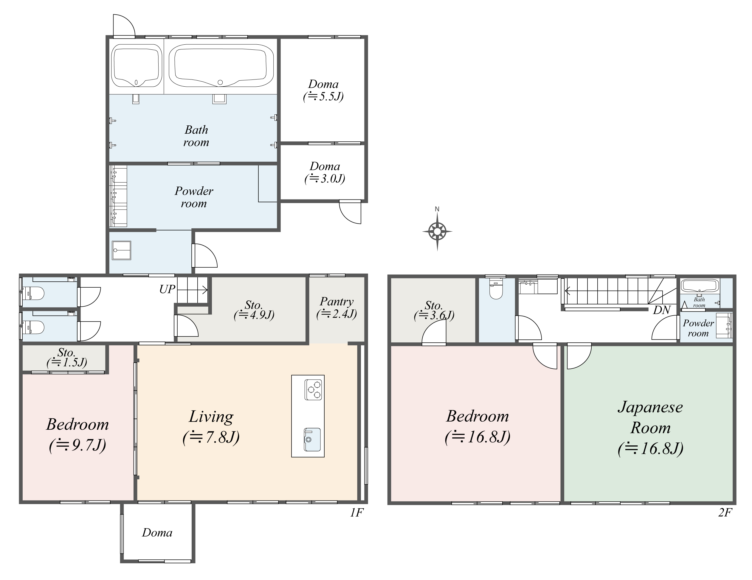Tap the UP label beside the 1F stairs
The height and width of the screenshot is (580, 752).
pyautogui.click(x=167, y=289)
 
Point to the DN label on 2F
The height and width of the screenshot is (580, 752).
pyautogui.click(x=661, y=310)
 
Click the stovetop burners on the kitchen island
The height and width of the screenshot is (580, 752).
pyautogui.click(x=313, y=390)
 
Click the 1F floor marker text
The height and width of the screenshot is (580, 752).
pyautogui.click(x=357, y=513)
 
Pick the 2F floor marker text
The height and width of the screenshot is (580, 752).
pyautogui.click(x=725, y=513)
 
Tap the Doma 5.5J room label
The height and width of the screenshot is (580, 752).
pyautogui.click(x=323, y=90)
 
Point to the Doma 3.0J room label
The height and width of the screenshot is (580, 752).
pyautogui.click(x=325, y=172)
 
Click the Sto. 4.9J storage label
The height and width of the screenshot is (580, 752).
pyautogui.click(x=254, y=310)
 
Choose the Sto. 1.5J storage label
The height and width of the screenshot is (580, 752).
pyautogui.click(x=66, y=357)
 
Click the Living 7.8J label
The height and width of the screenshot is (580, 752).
pyautogui.click(x=211, y=427)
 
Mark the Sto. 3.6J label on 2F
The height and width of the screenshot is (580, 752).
pyautogui.click(x=434, y=310)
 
